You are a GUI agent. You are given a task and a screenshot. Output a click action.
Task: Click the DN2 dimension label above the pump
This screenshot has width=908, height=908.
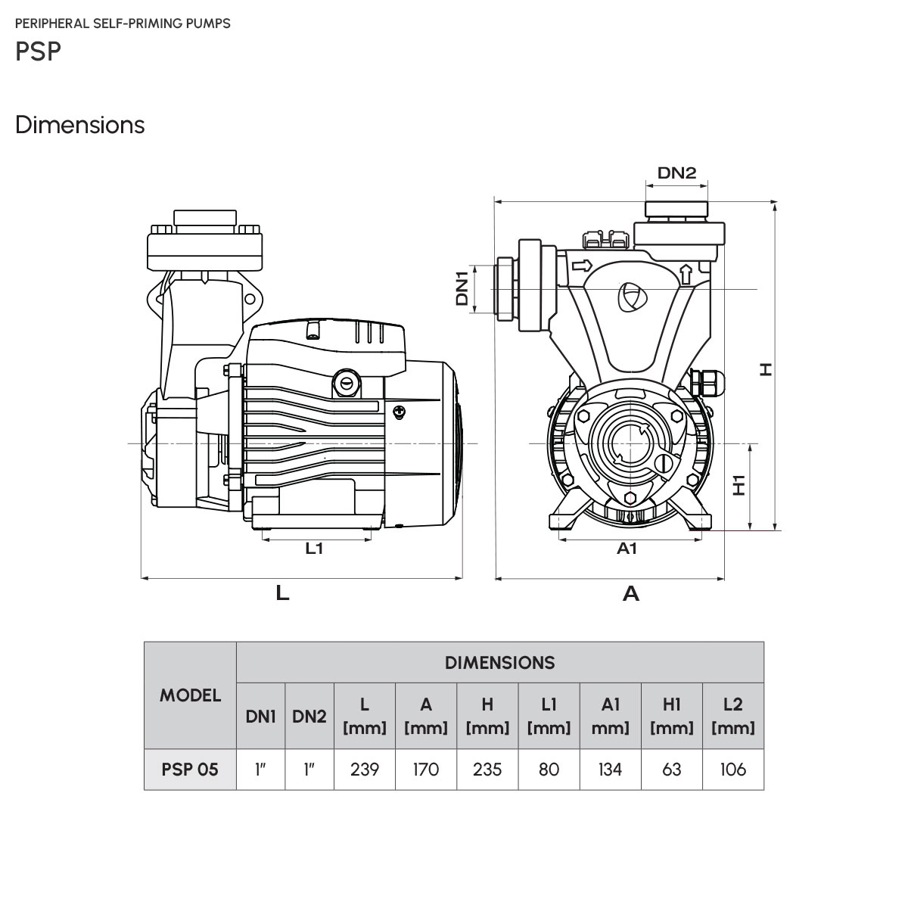[x=676, y=173]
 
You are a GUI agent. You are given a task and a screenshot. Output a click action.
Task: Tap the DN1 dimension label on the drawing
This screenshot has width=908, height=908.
[x=462, y=288]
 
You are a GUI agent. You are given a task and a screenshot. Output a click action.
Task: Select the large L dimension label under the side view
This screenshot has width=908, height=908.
[x=282, y=592]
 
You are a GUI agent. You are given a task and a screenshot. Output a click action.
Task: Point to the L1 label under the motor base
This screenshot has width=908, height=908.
[x=314, y=548]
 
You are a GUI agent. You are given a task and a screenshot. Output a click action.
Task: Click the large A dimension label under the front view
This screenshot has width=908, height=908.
[x=631, y=594]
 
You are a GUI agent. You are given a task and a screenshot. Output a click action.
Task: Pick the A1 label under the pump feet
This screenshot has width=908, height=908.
[x=627, y=548]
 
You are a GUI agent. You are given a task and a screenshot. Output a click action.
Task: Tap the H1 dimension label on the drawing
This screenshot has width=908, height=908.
[x=739, y=485]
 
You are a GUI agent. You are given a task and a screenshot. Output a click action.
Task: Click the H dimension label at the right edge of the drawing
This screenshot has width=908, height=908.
[x=767, y=369]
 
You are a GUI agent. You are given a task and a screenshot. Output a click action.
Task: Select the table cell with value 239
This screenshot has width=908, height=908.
[x=365, y=770]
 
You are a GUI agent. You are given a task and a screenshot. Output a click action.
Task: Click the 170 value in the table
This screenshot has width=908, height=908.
[x=426, y=770]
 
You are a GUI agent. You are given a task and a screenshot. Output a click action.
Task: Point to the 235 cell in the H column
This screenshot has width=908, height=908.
[x=487, y=770]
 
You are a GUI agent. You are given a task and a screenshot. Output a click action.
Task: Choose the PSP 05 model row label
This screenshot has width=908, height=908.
[x=190, y=770]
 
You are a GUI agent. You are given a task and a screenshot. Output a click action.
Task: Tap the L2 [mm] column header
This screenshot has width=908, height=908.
[x=733, y=717]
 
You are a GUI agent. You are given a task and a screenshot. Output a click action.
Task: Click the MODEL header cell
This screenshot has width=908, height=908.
[x=191, y=695]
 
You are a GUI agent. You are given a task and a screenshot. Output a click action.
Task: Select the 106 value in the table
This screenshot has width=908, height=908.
[x=733, y=770]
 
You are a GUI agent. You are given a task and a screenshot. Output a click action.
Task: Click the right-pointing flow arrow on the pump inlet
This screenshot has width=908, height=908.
[x=582, y=266]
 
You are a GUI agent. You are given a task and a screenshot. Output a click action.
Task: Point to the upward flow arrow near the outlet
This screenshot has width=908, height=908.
[x=686, y=274]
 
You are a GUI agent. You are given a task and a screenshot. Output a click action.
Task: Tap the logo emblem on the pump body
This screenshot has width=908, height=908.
[x=632, y=297]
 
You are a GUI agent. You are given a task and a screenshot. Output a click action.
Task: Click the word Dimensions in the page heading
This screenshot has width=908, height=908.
[x=80, y=125]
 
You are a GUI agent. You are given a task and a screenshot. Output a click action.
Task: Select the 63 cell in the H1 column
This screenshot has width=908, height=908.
[x=672, y=770]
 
